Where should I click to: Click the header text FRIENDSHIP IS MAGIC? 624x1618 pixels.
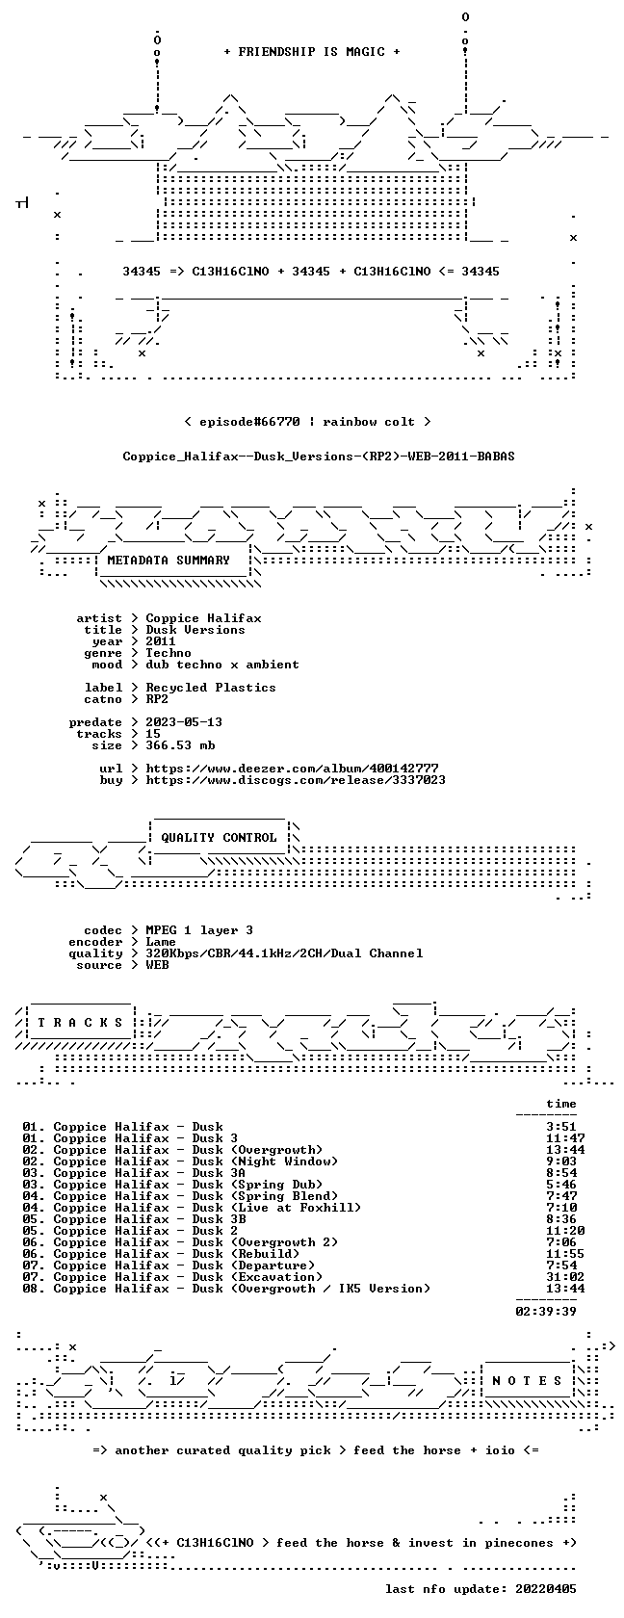(x=311, y=52)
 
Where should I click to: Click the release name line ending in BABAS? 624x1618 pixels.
(x=319, y=457)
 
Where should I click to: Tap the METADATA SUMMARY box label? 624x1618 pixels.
(x=169, y=561)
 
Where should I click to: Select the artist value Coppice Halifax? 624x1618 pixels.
(x=204, y=618)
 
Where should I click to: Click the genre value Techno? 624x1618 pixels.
(x=169, y=653)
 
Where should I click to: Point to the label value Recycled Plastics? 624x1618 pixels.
(x=211, y=688)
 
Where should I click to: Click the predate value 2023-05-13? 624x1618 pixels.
(x=184, y=722)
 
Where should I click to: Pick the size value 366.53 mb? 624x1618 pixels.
(x=181, y=745)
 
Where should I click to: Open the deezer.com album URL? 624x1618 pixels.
(x=292, y=769)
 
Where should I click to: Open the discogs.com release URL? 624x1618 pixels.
(x=296, y=780)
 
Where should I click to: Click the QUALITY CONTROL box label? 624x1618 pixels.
(x=219, y=838)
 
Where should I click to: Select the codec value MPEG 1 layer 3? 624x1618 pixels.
(x=199, y=930)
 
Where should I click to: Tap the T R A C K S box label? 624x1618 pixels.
(x=80, y=1023)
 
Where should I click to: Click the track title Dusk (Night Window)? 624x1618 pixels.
(x=265, y=1161)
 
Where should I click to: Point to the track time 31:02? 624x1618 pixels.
(x=565, y=1277)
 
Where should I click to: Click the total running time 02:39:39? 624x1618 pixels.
(x=546, y=1312)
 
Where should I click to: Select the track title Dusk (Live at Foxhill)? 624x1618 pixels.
(x=276, y=1208)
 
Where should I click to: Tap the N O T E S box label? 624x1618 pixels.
(x=528, y=1381)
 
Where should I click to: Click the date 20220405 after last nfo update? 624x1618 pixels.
(x=546, y=1589)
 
